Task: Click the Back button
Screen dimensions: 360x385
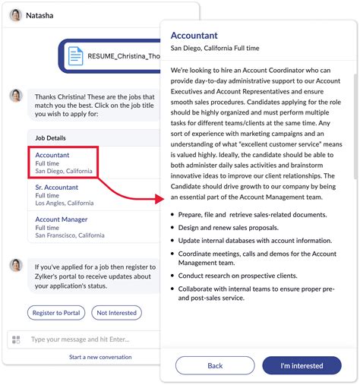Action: (215, 365)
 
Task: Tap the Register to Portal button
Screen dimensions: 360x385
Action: (56, 312)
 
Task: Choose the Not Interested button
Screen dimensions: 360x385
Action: (117, 312)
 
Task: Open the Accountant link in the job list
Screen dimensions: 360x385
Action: (52, 154)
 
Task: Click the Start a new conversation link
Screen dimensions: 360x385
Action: (100, 357)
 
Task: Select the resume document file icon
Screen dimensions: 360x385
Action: (76, 56)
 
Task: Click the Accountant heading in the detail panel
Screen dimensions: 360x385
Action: (194, 35)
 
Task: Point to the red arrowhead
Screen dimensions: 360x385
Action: (159, 199)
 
